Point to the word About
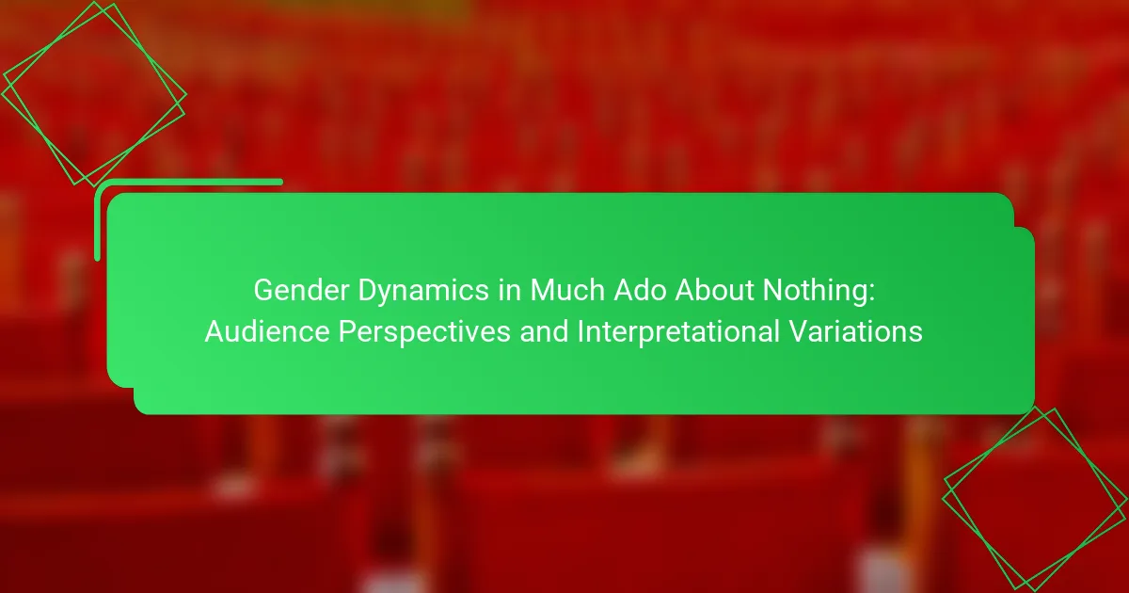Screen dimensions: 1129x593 (714, 291)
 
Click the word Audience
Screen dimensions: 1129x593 (267, 331)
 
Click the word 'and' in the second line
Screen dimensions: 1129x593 (544, 331)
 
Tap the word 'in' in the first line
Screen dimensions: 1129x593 (510, 291)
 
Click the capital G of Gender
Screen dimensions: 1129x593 (263, 291)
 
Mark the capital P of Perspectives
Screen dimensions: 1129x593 (347, 331)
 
